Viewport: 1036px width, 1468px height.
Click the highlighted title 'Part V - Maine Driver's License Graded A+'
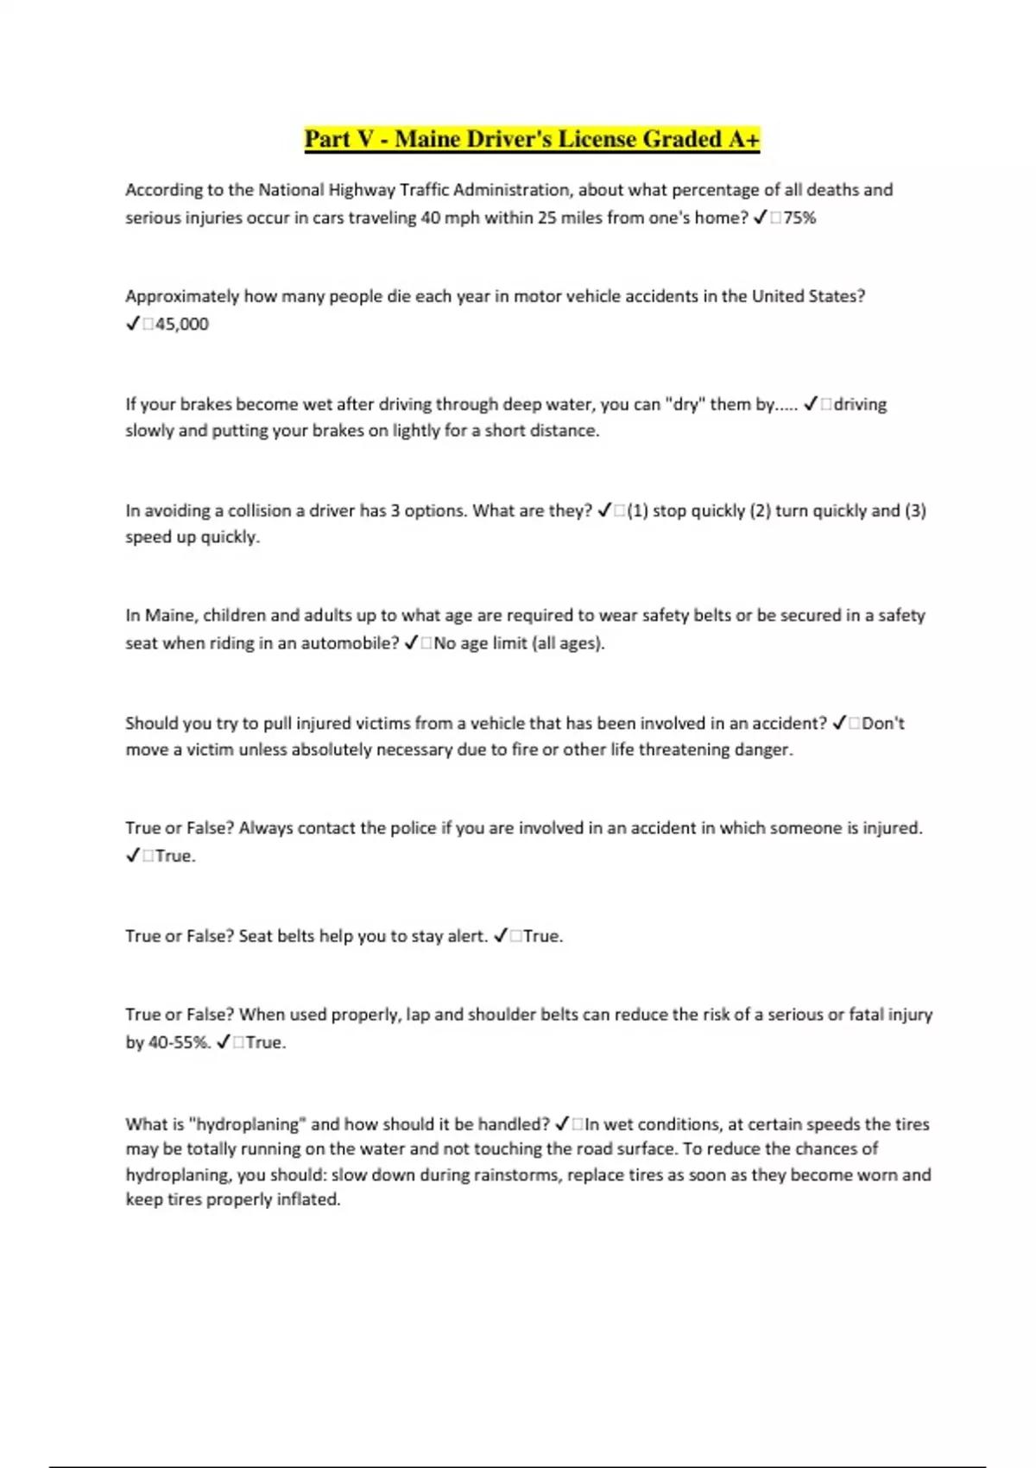click(x=532, y=139)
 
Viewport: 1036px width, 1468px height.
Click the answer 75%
click(x=799, y=218)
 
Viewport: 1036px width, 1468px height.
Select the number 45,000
click(x=182, y=324)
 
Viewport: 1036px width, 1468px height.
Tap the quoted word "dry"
click(x=685, y=404)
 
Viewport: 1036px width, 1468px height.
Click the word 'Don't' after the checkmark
click(x=883, y=723)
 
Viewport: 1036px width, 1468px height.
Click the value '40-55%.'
click(x=180, y=1042)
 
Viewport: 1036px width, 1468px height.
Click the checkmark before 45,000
click(x=133, y=324)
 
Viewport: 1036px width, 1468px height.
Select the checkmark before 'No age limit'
click(x=412, y=642)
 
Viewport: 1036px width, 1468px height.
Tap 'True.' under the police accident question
click(x=175, y=856)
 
